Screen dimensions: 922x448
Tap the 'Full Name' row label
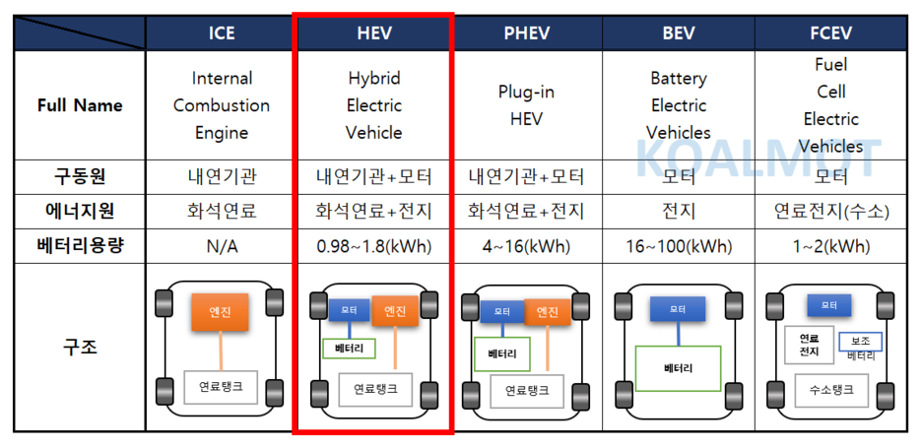point(80,105)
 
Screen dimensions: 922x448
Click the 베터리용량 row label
point(80,246)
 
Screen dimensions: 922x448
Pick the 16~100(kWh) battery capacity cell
point(679,246)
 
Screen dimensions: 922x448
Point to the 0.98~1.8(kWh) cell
point(373,246)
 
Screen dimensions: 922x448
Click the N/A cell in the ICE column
point(222,246)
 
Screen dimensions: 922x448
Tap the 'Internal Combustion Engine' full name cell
point(222,105)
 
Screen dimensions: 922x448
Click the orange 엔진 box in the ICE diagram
point(220,312)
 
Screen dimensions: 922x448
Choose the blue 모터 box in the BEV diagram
point(679,310)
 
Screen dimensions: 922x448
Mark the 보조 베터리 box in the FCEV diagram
point(860,345)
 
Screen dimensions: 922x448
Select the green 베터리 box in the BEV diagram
point(679,368)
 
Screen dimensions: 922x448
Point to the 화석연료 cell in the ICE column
point(222,212)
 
